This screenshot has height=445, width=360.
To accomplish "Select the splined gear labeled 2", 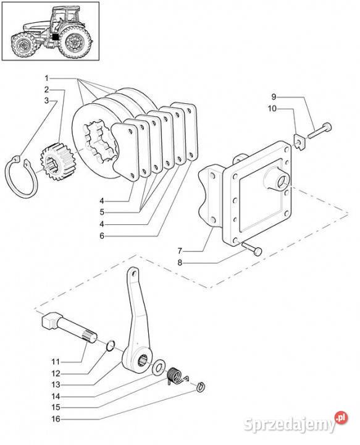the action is [x=56, y=162].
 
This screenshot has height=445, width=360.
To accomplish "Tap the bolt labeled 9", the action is [x=319, y=131].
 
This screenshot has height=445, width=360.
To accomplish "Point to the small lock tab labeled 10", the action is [x=299, y=142].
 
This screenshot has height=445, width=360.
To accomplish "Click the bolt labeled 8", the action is [x=252, y=248].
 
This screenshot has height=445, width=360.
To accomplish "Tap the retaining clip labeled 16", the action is [x=201, y=386].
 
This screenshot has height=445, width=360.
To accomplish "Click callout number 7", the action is [x=180, y=251].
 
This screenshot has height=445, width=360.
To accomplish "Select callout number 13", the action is [x=56, y=384].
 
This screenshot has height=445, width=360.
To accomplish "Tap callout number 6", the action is [x=102, y=235].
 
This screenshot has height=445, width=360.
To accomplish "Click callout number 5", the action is [x=102, y=212].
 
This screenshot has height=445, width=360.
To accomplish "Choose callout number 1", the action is [x=47, y=78].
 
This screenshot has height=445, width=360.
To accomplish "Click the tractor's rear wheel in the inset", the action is [x=75, y=42].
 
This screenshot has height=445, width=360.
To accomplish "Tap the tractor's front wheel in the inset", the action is [x=23, y=45].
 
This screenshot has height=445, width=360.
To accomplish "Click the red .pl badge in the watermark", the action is [x=341, y=417].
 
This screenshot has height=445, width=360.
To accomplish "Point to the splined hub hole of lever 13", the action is [x=143, y=362].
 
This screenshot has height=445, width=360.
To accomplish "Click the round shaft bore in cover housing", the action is [x=283, y=182].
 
